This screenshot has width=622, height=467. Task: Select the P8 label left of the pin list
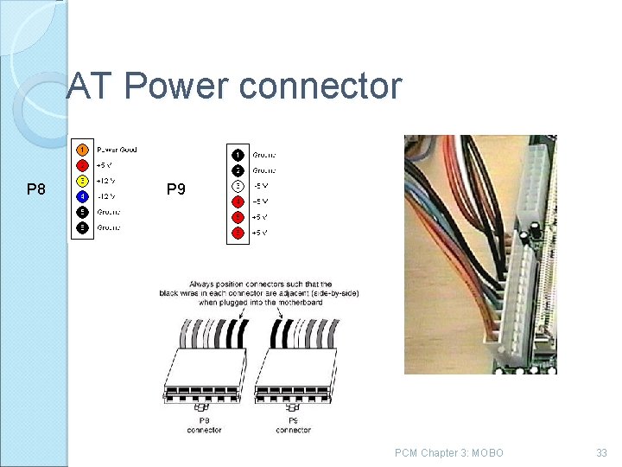click(x=36, y=189)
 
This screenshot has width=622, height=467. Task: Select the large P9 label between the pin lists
click(x=175, y=189)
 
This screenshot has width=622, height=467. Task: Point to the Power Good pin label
click(x=116, y=150)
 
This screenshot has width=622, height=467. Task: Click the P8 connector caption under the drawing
click(x=204, y=425)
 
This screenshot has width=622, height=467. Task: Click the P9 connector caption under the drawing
click(x=293, y=425)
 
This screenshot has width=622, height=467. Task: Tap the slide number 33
click(x=601, y=453)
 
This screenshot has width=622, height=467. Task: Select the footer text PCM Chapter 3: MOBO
click(x=448, y=453)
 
